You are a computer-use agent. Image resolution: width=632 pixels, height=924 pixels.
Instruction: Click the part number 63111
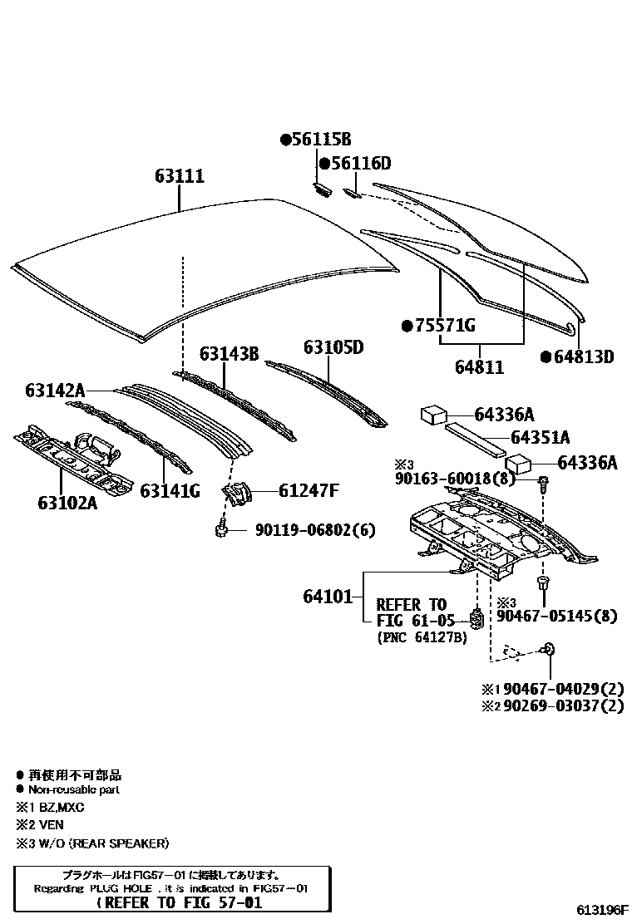pos(179,176)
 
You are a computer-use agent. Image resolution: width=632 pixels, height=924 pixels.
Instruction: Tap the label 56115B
pos(320,140)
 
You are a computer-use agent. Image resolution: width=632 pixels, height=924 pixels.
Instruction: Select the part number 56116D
pos(359,164)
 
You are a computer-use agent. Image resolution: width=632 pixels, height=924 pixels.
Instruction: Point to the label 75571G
pos(443,326)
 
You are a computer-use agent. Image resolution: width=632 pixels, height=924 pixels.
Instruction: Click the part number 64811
pos(479,366)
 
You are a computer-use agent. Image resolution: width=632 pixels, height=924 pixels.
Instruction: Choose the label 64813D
pos(582,357)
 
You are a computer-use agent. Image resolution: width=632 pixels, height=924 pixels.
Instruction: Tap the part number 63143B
pos(230,354)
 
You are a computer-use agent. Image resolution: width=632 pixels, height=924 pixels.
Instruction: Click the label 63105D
pos(333,346)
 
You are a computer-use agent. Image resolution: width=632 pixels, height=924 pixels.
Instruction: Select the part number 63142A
pos(55,390)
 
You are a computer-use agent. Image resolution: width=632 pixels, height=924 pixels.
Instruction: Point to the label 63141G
pos(170,491)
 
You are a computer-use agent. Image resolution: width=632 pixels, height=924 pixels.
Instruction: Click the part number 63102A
pos(67,502)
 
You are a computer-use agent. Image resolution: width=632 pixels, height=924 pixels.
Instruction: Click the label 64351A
pos(540,437)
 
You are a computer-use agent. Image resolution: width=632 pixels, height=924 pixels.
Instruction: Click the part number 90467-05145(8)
pos(557,616)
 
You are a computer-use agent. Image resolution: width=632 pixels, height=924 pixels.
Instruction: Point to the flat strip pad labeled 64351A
pos(475,437)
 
